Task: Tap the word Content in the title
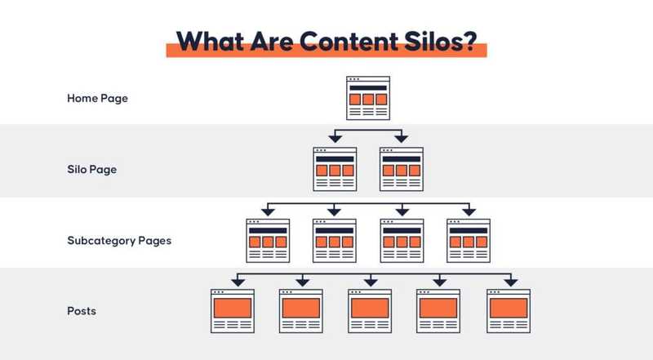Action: tap(349, 42)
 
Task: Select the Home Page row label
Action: tap(97, 99)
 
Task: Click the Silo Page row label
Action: tap(92, 170)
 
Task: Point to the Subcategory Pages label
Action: tap(119, 241)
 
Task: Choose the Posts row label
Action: tap(82, 311)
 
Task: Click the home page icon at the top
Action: tap(368, 98)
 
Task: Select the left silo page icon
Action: tap(335, 169)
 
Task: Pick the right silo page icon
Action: tap(402, 169)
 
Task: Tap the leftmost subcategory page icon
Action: tap(268, 241)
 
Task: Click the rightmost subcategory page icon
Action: tap(469, 241)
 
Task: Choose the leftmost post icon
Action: tap(233, 311)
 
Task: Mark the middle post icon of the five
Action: tap(370, 311)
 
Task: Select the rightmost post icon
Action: tap(509, 311)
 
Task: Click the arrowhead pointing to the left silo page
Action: tap(335, 139)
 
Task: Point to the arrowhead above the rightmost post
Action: tap(511, 282)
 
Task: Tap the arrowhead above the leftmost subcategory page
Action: tap(268, 211)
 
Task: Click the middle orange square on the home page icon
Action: tap(368, 99)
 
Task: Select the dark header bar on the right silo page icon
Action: tap(402, 159)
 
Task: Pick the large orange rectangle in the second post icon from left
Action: tap(301, 309)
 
